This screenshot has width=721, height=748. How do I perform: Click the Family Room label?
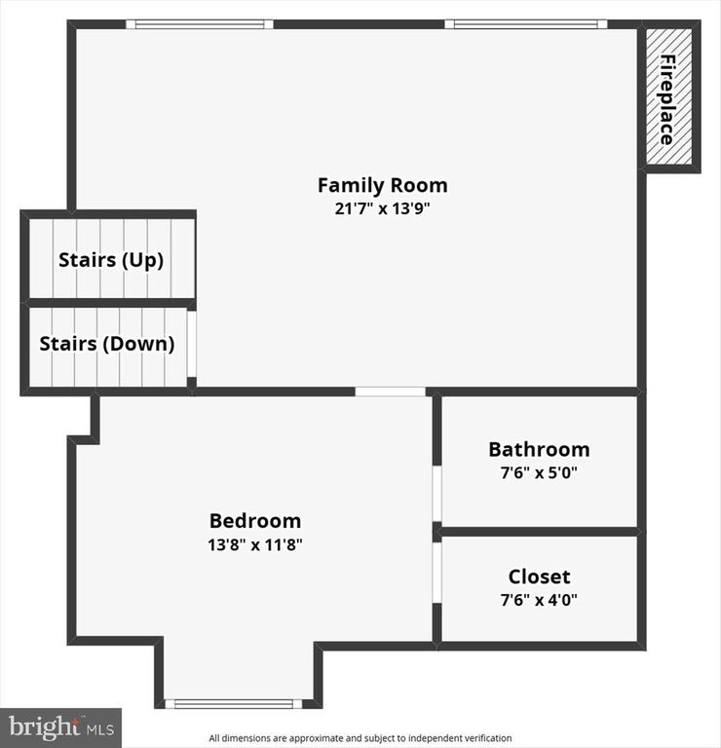pos(382,185)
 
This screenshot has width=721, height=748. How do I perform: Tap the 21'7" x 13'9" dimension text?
pos(382,207)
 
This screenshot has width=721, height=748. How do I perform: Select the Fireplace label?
pos(668,99)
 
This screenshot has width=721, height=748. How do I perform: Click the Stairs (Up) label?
pos(110,260)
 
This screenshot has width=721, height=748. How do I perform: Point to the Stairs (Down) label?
pos(107,344)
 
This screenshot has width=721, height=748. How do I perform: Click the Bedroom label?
pos(255,521)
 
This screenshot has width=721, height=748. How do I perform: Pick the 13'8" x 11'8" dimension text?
pos(255,544)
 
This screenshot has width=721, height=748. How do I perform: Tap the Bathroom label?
pos(539,449)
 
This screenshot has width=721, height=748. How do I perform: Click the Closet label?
pos(539,577)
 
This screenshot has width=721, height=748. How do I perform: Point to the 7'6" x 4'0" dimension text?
pos(539,600)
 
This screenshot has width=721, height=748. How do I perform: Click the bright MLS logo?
pos(60,727)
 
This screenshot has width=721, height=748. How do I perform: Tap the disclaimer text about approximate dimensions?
pos(360,738)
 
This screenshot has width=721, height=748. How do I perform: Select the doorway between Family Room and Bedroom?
pos(390,392)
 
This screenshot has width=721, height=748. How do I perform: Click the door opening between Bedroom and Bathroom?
pos(437,492)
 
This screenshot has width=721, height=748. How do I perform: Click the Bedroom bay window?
pos(234,702)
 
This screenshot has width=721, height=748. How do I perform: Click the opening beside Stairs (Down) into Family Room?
pos(192,346)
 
